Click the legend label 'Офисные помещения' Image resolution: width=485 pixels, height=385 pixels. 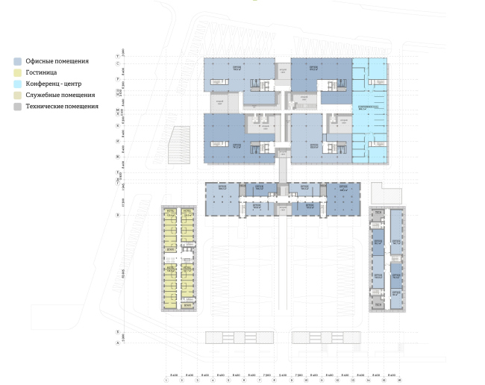(57, 61)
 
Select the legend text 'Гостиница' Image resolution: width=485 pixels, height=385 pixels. (41, 72)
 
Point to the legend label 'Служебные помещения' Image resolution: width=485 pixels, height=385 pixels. (60, 95)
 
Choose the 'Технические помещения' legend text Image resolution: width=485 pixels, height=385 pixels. (62, 106)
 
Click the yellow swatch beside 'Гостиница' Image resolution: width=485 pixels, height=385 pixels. (17, 72)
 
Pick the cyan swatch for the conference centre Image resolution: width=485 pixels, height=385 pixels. (17, 84)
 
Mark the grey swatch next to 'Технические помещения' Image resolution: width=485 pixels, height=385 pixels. (17, 107)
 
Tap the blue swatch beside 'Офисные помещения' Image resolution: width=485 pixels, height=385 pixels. (17, 61)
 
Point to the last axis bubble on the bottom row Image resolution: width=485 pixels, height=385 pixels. (400, 380)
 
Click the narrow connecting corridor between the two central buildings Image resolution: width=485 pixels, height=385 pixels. (283, 168)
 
